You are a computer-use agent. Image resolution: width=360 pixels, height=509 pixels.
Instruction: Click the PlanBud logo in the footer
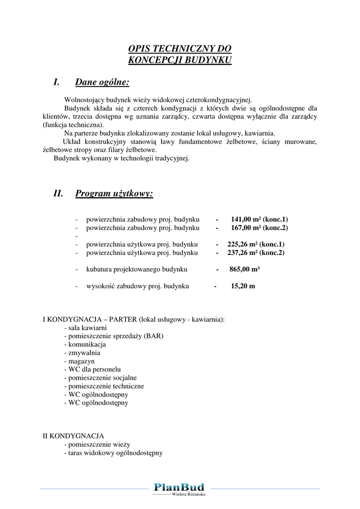click(x=179, y=487)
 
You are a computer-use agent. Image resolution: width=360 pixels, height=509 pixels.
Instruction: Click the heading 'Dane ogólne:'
click(x=102, y=82)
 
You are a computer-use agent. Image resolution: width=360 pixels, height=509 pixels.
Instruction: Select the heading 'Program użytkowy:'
click(x=114, y=193)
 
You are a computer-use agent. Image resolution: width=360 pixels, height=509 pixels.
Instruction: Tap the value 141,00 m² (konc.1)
click(x=260, y=219)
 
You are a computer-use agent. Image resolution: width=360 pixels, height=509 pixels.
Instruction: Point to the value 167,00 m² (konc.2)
click(x=260, y=228)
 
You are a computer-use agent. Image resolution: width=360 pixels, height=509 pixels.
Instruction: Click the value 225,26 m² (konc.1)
click(x=256, y=245)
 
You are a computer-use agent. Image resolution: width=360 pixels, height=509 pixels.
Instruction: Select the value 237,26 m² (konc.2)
click(x=256, y=253)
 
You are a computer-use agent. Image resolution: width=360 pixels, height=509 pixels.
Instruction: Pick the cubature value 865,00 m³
click(x=245, y=269)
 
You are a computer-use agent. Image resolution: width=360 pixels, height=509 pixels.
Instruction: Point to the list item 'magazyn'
click(x=81, y=361)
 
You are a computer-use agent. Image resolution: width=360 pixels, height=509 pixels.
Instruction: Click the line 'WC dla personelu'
click(x=94, y=370)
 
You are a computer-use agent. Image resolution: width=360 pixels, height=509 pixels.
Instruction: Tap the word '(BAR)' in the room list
click(x=154, y=336)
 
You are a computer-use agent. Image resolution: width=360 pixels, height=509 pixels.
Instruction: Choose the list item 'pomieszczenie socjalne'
click(x=102, y=378)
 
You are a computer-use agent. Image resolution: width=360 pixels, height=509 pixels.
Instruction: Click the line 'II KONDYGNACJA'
click(x=74, y=436)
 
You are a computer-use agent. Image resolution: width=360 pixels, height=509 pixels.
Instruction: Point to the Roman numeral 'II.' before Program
click(x=58, y=193)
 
